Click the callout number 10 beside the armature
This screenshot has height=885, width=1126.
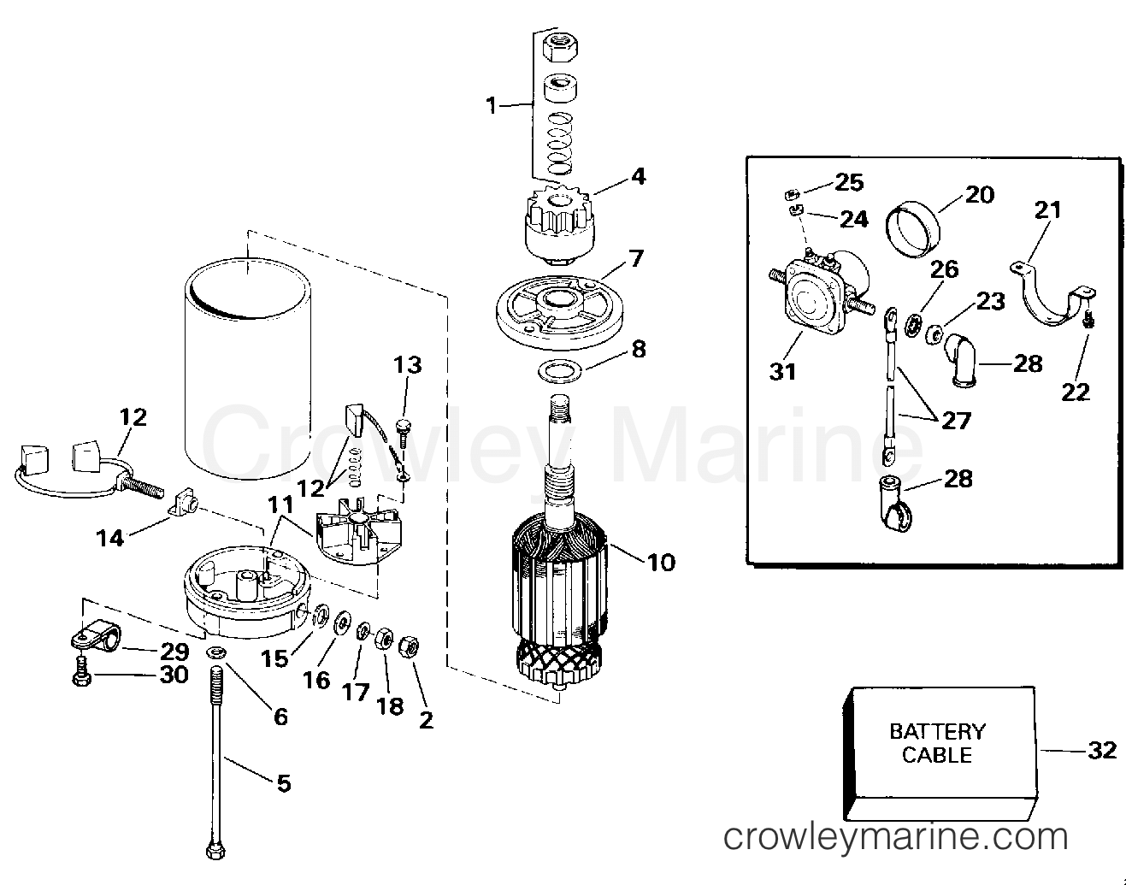[661, 562]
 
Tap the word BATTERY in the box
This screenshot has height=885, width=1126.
[937, 732]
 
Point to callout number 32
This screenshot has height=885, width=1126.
[1102, 750]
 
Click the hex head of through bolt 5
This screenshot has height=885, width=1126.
[213, 852]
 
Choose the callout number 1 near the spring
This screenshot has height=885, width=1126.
[491, 105]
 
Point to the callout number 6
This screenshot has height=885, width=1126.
[280, 716]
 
